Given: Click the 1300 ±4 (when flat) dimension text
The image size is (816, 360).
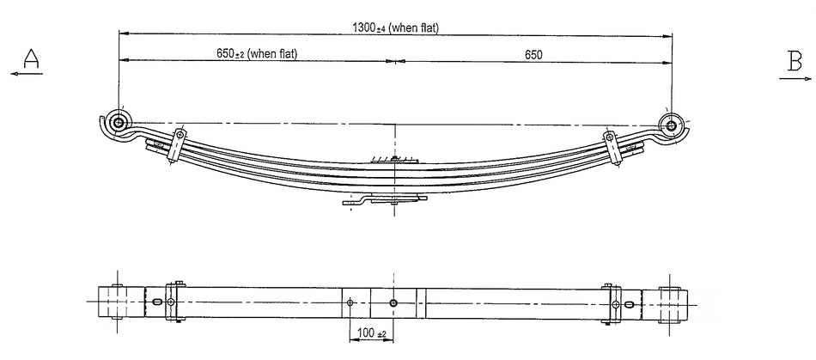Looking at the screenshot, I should tap(396, 27).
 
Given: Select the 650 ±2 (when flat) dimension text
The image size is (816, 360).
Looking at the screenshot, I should tap(257, 54).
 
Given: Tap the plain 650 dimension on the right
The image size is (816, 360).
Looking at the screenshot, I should tap(533, 54).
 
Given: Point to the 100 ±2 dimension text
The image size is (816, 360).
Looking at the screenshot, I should tap(371, 333).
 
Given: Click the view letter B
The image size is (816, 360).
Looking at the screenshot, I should tap(795, 60).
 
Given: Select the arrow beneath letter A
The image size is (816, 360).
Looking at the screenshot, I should tap(28, 76).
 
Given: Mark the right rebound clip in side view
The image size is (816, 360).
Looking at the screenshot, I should tap(612, 148).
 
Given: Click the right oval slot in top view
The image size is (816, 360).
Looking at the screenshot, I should tap(630, 303).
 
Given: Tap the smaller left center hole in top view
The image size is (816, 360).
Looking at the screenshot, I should tap(350, 302).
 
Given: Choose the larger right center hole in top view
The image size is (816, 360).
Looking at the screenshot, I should tap(393, 302).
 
